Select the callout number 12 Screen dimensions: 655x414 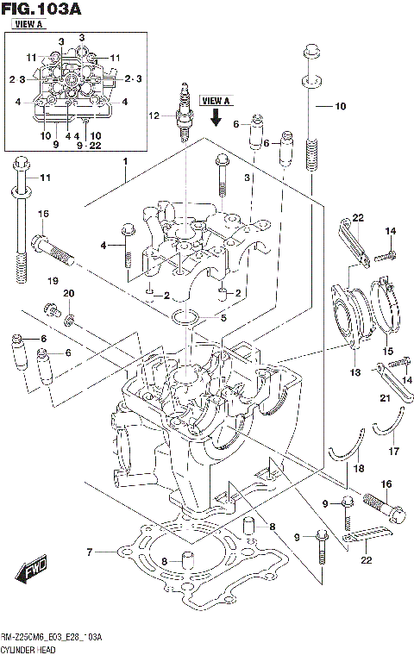click(x=154, y=115)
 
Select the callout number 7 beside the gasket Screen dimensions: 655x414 click(x=88, y=552)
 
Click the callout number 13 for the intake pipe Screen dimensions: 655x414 click(x=354, y=372)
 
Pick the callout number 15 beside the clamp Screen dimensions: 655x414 click(x=387, y=351)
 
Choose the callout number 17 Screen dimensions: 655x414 click(x=394, y=450)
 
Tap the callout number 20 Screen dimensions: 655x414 click(x=69, y=294)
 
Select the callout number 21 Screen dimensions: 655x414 click(x=386, y=398)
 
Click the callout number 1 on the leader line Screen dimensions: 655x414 click(x=124, y=161)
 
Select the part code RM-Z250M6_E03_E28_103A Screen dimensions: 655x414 click(x=52, y=637)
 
